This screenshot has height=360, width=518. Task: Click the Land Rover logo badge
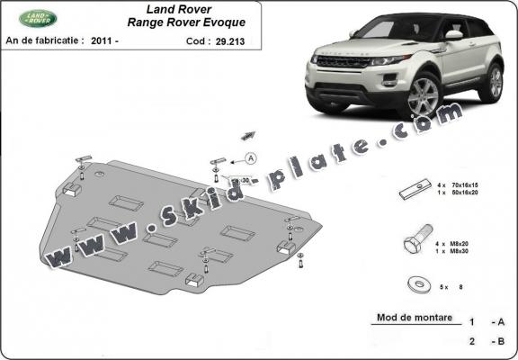pos(40,18)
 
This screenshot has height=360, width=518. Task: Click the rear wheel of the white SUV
pos(491,82)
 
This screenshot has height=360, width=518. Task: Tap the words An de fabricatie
pos(44,40)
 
